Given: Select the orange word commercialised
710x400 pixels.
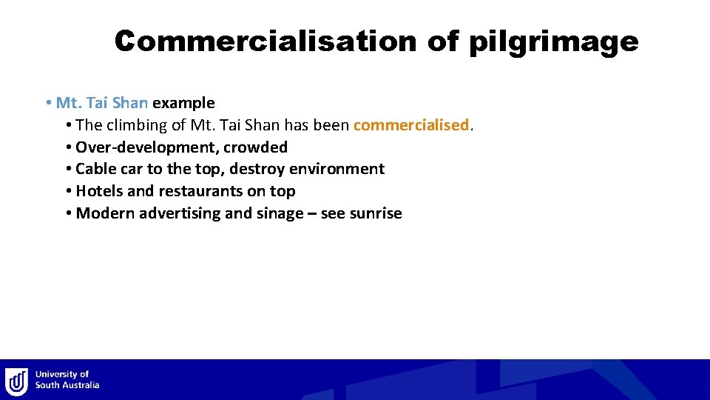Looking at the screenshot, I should [x=411, y=125].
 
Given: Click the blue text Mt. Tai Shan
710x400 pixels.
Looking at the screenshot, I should [x=102, y=103].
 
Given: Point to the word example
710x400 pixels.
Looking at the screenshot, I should [x=183, y=104].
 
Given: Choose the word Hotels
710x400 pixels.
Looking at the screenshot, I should [x=99, y=191].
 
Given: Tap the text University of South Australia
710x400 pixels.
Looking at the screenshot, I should [x=67, y=380].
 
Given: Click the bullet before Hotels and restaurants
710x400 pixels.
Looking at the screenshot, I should [x=67, y=191].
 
